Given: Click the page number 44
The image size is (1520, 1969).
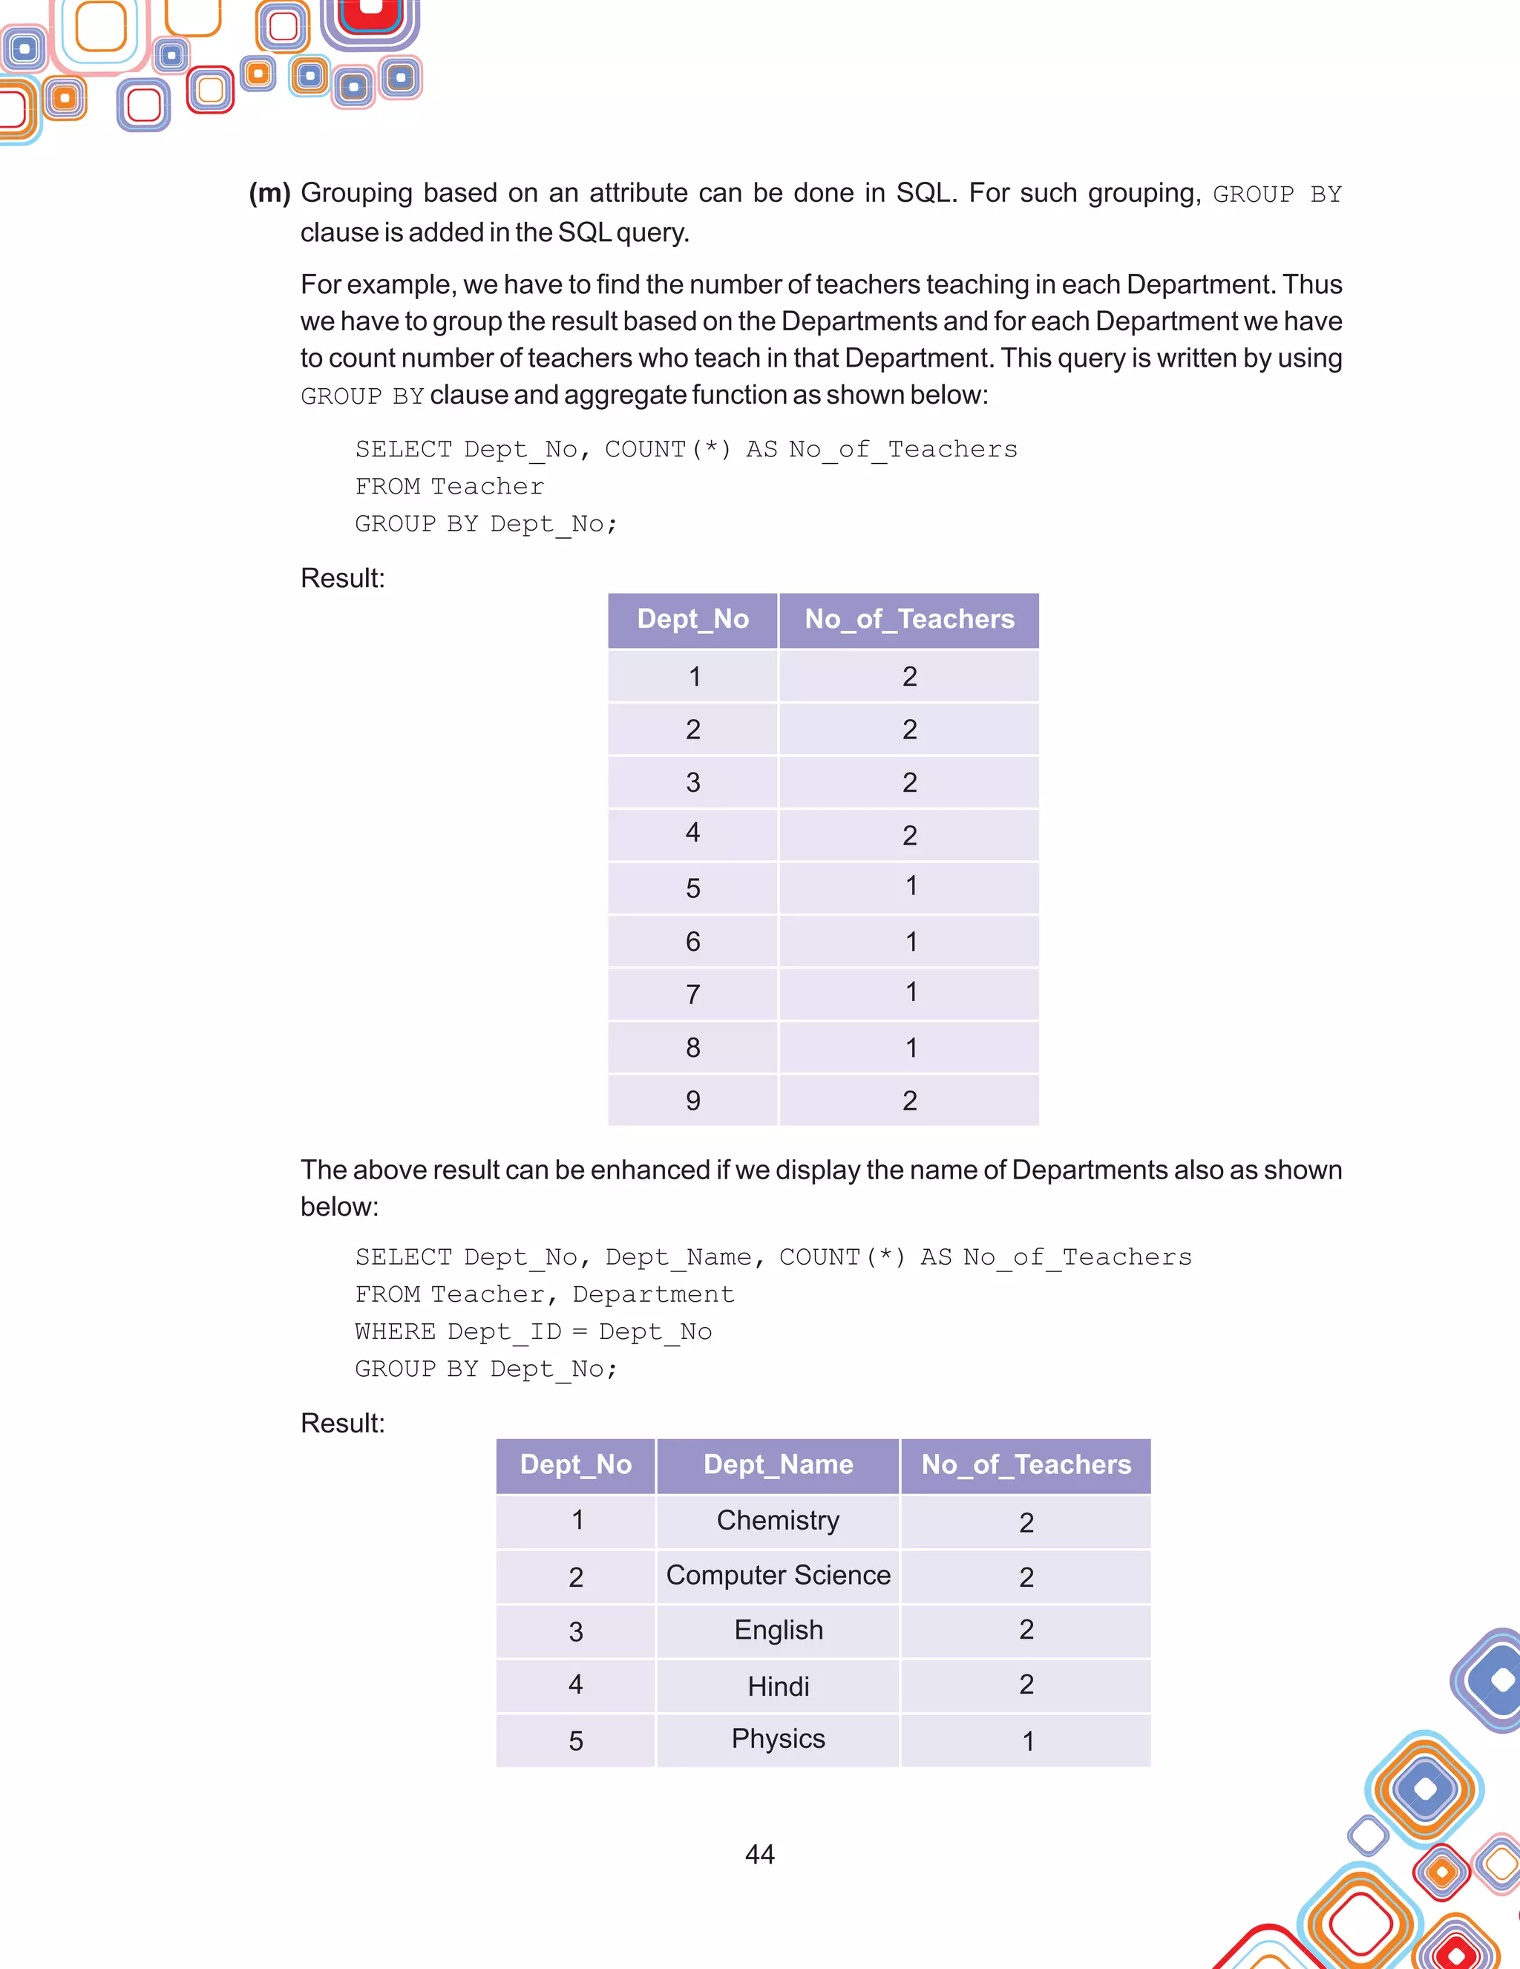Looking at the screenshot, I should [x=759, y=1854].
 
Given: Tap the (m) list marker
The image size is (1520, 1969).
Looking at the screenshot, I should [x=269, y=193].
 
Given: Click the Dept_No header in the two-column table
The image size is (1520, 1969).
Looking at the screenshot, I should [x=692, y=620].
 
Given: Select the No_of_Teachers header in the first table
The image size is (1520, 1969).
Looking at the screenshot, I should [x=908, y=620].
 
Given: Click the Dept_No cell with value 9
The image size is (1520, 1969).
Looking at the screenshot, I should [x=692, y=1100].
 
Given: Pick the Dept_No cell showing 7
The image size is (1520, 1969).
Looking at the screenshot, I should [x=692, y=995].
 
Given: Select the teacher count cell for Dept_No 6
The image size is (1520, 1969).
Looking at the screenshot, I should [x=911, y=941].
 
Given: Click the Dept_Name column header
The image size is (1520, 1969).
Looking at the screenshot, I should [x=778, y=1464].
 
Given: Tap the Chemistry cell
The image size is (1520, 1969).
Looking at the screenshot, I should [x=778, y=1520].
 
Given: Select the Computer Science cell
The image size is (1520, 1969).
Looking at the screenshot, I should [x=778, y=1575].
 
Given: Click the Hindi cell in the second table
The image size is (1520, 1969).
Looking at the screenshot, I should [x=778, y=1686].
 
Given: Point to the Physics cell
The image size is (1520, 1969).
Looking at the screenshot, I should [x=778, y=1738].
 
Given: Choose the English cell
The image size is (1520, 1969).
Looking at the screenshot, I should [x=778, y=1630].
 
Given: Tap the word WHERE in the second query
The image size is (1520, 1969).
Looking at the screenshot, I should [x=395, y=1331].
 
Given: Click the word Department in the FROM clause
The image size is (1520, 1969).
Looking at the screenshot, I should [x=654, y=1294].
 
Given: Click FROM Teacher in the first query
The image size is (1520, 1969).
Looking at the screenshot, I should [x=449, y=487].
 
